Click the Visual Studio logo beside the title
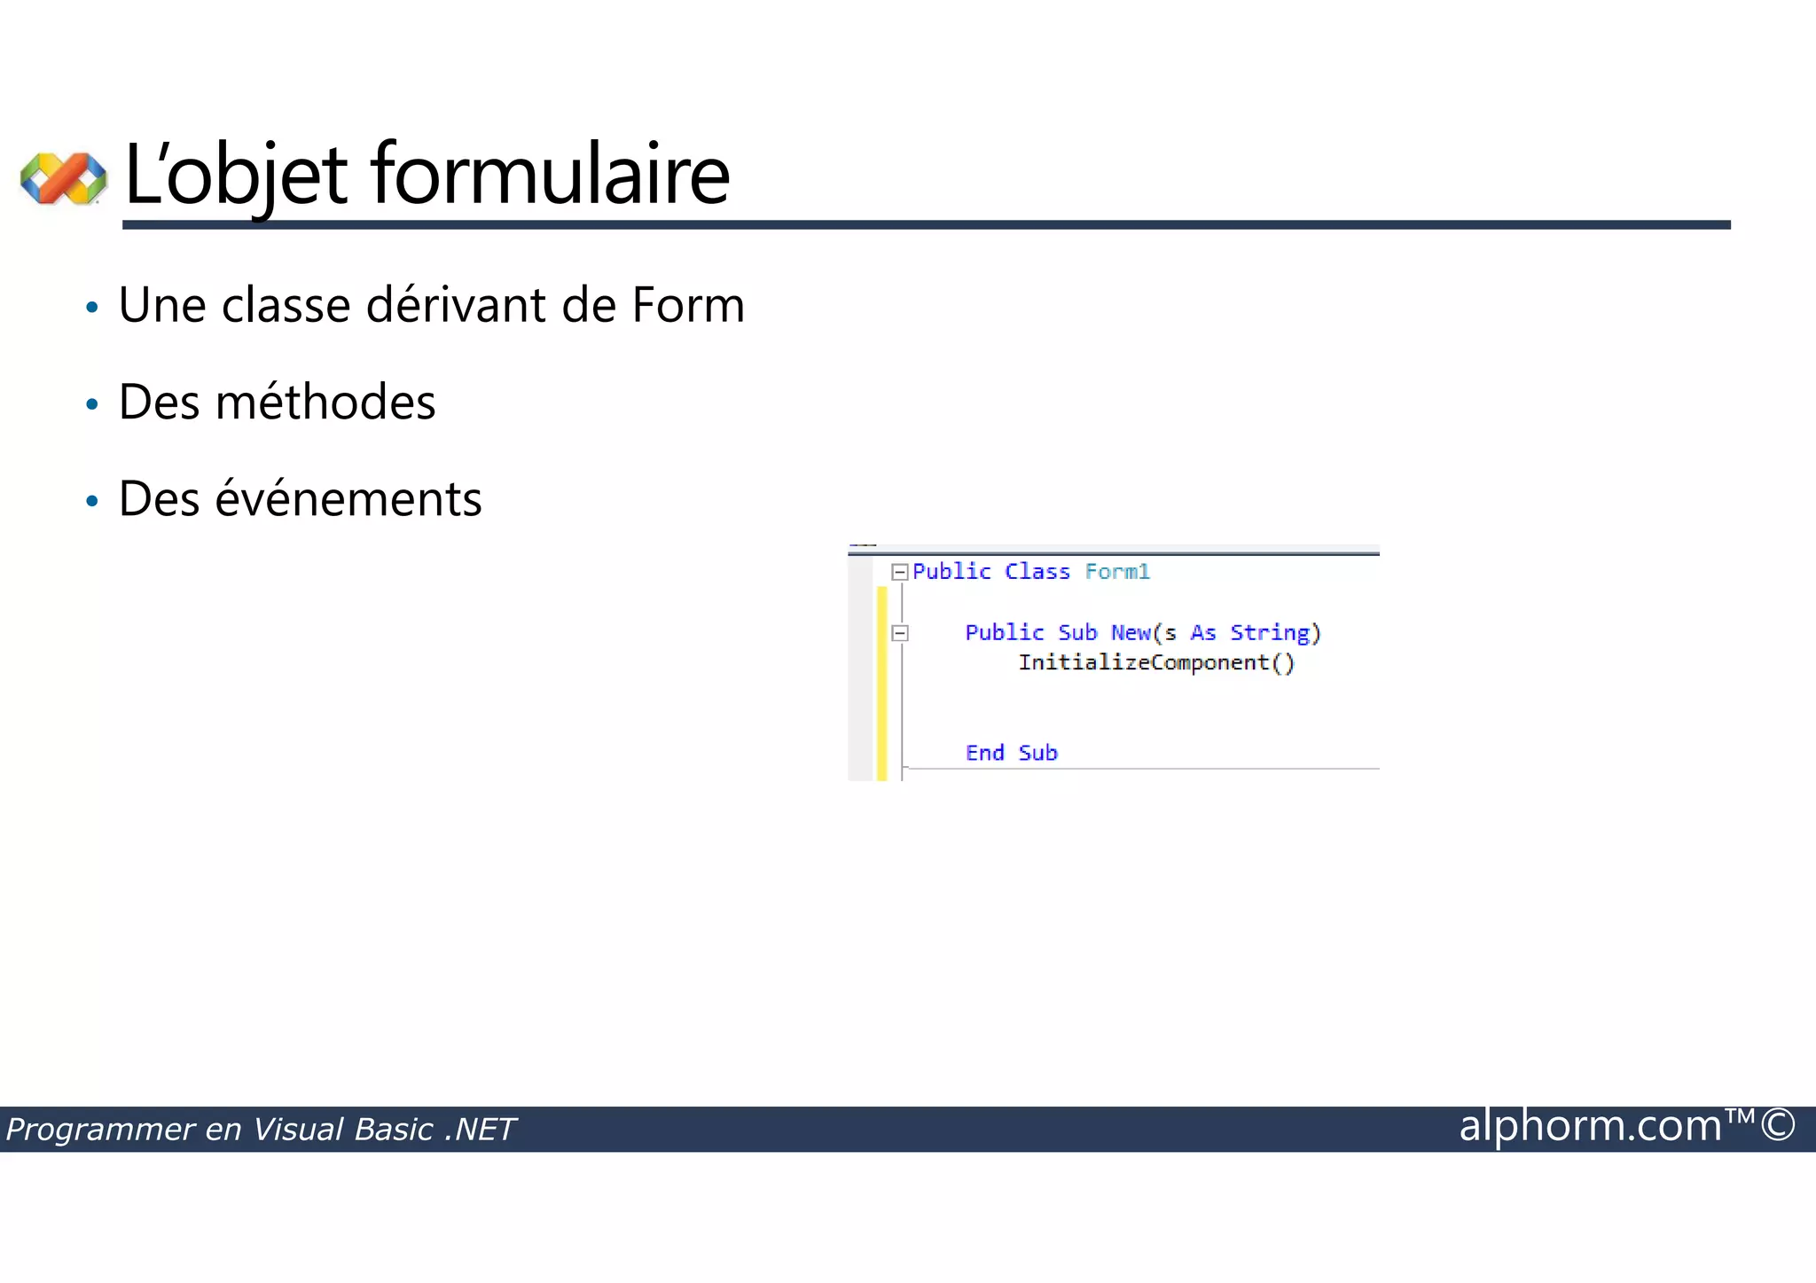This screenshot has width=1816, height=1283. pos(63,177)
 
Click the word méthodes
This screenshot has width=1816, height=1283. pos(325,402)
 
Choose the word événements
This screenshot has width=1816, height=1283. pos(348,498)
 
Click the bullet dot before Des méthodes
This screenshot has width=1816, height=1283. pos(92,405)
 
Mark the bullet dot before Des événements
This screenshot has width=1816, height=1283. pos(92,502)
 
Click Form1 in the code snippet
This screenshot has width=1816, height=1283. pos(1117,572)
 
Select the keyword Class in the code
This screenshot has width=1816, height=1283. pos(1037,572)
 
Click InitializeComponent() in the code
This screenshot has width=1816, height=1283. pos(1156,662)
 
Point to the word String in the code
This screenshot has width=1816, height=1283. pos(1270,632)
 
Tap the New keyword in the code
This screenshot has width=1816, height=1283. pos(1131,632)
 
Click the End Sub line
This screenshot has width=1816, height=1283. pos(1011,753)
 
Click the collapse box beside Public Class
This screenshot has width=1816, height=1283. pos(900,572)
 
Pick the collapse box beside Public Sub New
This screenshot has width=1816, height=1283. pos(900,633)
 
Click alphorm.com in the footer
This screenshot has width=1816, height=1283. pos(1590,1126)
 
